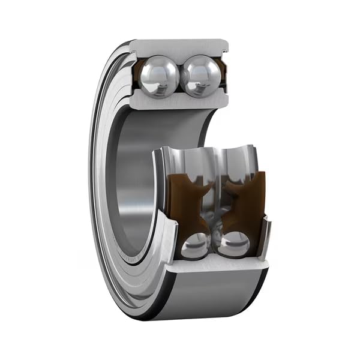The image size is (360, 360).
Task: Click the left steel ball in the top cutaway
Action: click(x=159, y=77)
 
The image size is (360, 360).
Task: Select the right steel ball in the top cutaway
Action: click(x=200, y=77)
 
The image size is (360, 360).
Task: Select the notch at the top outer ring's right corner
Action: click(x=225, y=44)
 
